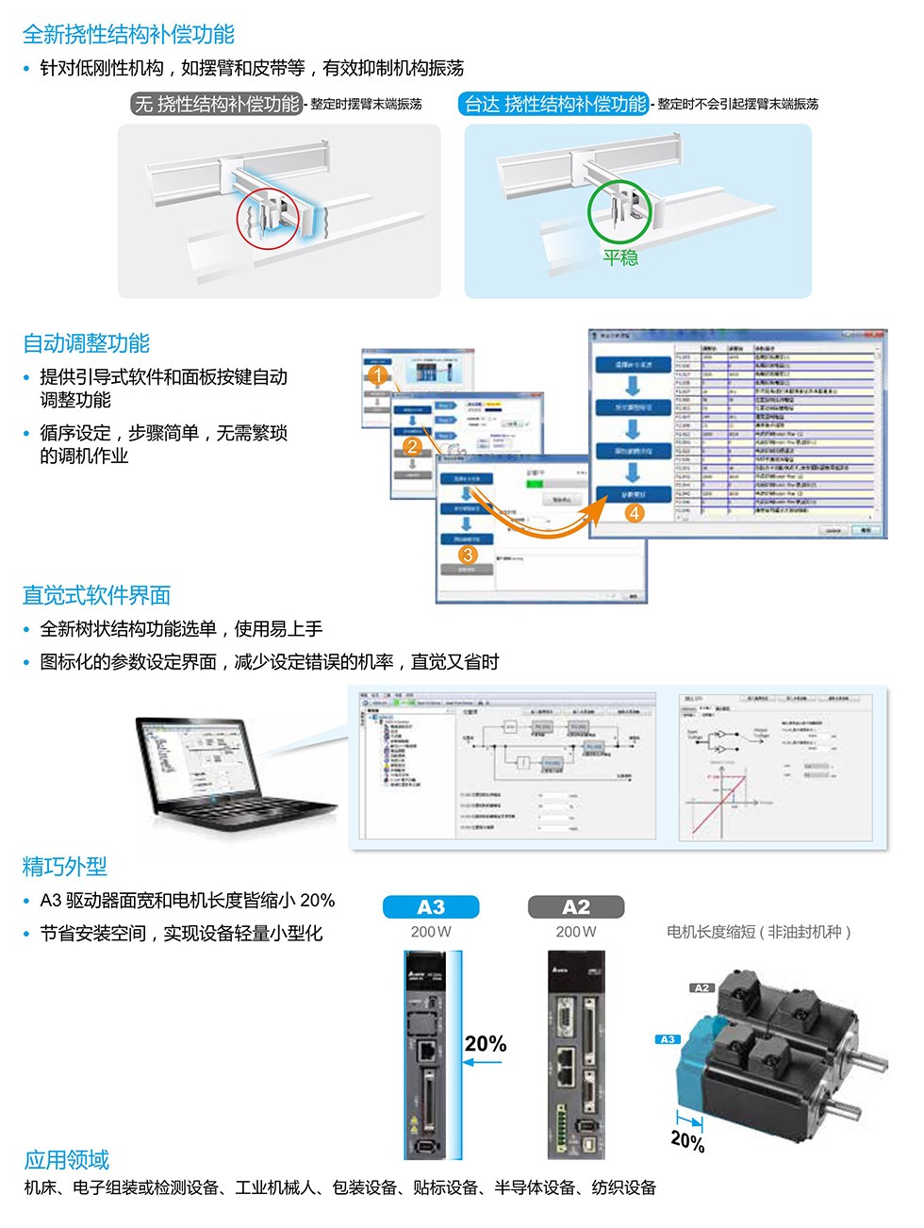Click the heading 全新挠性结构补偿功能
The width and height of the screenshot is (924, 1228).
(128, 35)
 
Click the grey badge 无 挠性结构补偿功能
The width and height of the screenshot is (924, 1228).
(216, 104)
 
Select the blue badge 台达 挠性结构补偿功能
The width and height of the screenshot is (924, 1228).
(554, 104)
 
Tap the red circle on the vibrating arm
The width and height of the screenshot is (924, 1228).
(268, 217)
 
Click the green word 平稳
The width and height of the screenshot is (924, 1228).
(620, 257)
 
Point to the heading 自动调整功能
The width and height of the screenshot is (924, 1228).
(86, 343)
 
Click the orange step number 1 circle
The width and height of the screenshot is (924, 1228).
(378, 375)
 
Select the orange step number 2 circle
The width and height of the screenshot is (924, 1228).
(412, 446)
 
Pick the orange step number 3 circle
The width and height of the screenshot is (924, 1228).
(468, 555)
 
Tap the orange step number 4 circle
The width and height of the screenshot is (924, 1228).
(635, 513)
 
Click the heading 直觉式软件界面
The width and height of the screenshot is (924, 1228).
(96, 595)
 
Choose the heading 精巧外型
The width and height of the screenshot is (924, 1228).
(65, 866)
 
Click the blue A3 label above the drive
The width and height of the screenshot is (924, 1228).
(431, 907)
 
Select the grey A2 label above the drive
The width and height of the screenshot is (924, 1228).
(576, 907)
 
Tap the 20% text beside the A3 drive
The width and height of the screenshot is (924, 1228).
(486, 1044)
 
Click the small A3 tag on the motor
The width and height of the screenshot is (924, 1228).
(668, 1039)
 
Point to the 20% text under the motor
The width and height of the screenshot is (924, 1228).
(688, 1141)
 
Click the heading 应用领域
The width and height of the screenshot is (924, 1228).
(67, 1159)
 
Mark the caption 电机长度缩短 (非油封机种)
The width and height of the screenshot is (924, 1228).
(759, 932)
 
